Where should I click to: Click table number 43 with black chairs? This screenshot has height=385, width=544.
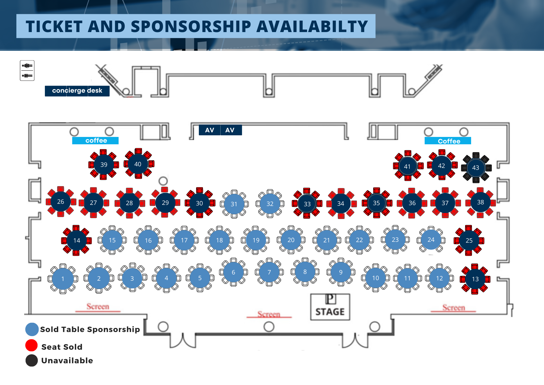click(x=476, y=168)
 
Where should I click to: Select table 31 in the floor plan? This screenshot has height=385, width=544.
click(x=234, y=204)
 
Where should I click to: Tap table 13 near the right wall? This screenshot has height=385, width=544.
click(x=475, y=279)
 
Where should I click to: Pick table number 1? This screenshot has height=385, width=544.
click(x=63, y=279)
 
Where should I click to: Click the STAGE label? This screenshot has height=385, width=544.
click(x=330, y=311)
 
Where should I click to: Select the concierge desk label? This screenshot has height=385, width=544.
click(x=77, y=91)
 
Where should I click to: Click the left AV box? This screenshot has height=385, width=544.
click(x=209, y=130)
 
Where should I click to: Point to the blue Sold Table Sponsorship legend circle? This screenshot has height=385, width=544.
click(x=32, y=329)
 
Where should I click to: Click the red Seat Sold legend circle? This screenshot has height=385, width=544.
click(x=32, y=345)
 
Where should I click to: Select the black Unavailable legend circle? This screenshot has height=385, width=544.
click(x=32, y=361)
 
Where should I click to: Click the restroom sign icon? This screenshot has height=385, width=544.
click(x=27, y=71)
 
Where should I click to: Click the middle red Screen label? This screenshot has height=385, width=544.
click(x=269, y=314)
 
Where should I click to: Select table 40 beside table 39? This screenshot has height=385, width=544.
click(x=138, y=164)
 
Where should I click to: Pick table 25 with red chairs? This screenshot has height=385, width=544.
click(x=469, y=240)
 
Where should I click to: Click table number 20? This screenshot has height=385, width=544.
click(x=291, y=240)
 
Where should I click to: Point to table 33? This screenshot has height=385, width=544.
click(x=307, y=204)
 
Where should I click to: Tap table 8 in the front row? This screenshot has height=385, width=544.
click(x=305, y=272)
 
